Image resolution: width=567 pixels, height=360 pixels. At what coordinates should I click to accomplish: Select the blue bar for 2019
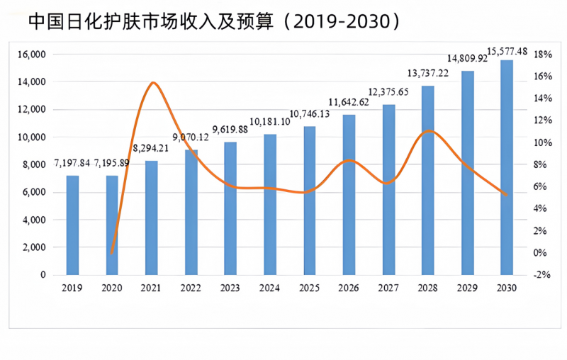pyautogui.click(x=72, y=225)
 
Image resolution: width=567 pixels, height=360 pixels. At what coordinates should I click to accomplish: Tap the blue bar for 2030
pyautogui.click(x=506, y=167)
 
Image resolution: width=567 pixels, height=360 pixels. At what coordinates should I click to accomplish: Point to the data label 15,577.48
pyautogui.click(x=507, y=51)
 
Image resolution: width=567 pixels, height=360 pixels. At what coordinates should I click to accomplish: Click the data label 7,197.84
pyautogui.click(x=72, y=163)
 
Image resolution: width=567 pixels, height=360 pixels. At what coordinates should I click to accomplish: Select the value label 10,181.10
pyautogui.click(x=269, y=121)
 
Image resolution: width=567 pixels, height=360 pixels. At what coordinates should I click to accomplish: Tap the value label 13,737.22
pyautogui.click(x=428, y=73)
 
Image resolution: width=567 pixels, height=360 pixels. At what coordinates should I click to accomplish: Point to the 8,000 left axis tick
pyautogui.click(x=33, y=165)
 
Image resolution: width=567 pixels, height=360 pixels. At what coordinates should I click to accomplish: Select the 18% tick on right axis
pyautogui.click(x=543, y=55)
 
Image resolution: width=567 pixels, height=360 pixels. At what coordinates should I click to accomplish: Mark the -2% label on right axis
pyautogui.click(x=543, y=275)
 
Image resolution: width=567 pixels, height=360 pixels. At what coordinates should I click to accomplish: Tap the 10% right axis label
pyautogui.click(x=543, y=142)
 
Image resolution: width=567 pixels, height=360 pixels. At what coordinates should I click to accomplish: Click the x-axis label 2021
pyautogui.click(x=151, y=288)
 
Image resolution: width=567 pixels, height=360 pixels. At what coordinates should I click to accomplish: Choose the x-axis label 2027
pyautogui.click(x=388, y=288)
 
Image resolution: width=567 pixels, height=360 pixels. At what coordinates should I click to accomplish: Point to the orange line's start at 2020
pyautogui.click(x=112, y=253)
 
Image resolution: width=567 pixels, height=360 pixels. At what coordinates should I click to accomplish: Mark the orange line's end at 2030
pyautogui.click(x=506, y=195)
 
